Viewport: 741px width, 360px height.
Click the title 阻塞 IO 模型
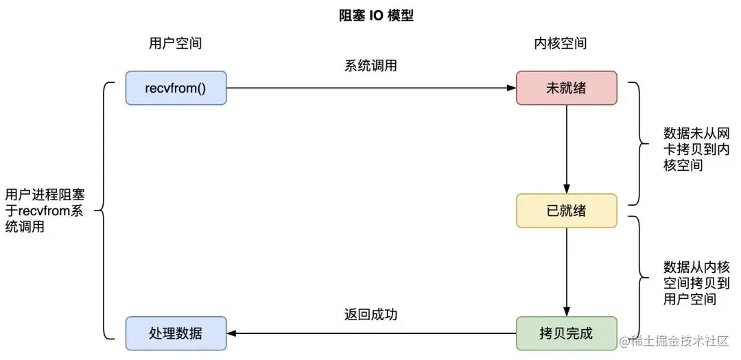coord(371,16)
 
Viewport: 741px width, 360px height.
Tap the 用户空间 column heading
coord(176,43)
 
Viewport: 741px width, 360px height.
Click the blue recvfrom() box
coord(176,88)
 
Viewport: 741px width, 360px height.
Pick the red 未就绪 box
coord(567,88)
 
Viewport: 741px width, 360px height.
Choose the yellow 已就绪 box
coord(567,211)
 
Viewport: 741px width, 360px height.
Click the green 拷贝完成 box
coord(567,333)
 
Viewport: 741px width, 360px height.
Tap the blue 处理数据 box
coord(176,333)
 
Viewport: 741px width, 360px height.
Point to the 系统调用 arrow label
coord(371,67)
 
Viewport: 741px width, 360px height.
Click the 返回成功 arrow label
coord(371,315)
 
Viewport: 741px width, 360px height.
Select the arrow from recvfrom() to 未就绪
coord(371,88)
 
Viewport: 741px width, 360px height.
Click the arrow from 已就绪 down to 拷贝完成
coord(567,272)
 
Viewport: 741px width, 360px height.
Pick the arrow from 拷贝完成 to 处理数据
coord(371,333)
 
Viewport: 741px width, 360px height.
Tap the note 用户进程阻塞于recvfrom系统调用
coord(45,211)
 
